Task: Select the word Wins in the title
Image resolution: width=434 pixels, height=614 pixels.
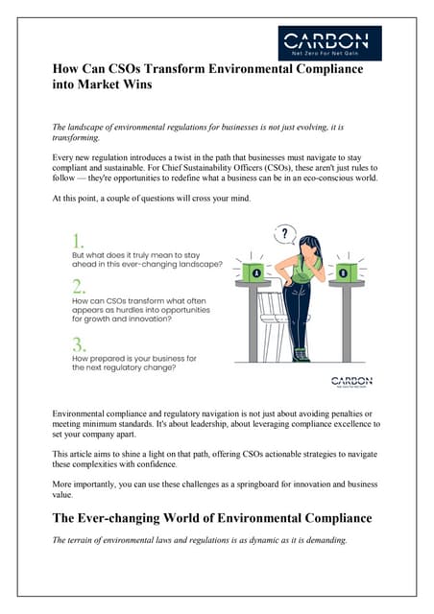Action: pos(133,84)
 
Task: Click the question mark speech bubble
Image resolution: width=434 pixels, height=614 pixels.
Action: pos(284,233)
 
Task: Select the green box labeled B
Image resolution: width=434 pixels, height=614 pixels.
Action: pos(344,271)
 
